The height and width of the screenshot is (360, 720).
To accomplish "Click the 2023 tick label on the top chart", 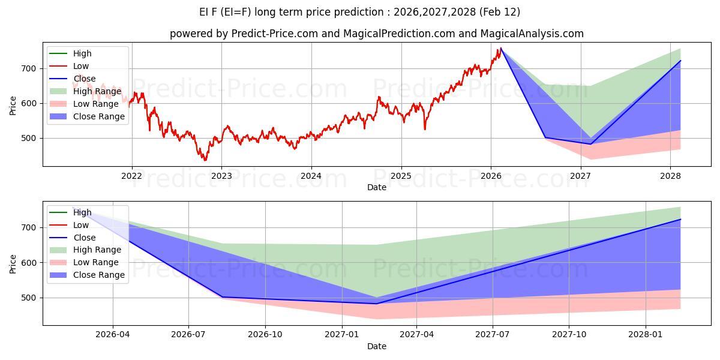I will coord(221,176).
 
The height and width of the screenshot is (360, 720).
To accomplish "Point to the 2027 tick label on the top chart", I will coord(580,176).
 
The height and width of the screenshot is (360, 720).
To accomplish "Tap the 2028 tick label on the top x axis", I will coord(670,176).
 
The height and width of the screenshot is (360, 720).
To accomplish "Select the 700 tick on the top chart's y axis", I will coord(29,68).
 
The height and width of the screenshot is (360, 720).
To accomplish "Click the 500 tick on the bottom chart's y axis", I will coord(29,298).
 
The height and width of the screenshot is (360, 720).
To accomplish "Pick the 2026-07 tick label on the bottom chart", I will coord(188,335).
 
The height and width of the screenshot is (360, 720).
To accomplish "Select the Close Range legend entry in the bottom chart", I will coord(98,275).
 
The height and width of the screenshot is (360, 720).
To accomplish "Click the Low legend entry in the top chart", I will coord(81,66).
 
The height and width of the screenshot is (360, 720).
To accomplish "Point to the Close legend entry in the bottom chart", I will coord(83,238).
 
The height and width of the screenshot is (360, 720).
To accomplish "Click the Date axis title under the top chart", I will coord(376,187).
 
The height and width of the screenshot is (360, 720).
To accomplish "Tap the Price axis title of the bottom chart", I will coord(13,263).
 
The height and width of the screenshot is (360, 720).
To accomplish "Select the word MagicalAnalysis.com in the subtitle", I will coord(533,34).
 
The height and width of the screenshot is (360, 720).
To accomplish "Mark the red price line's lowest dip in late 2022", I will coord(205,160).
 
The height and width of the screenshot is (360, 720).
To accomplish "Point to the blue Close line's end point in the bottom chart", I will coord(680,219).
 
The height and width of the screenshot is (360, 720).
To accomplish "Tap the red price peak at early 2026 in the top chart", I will coord(500,48).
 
